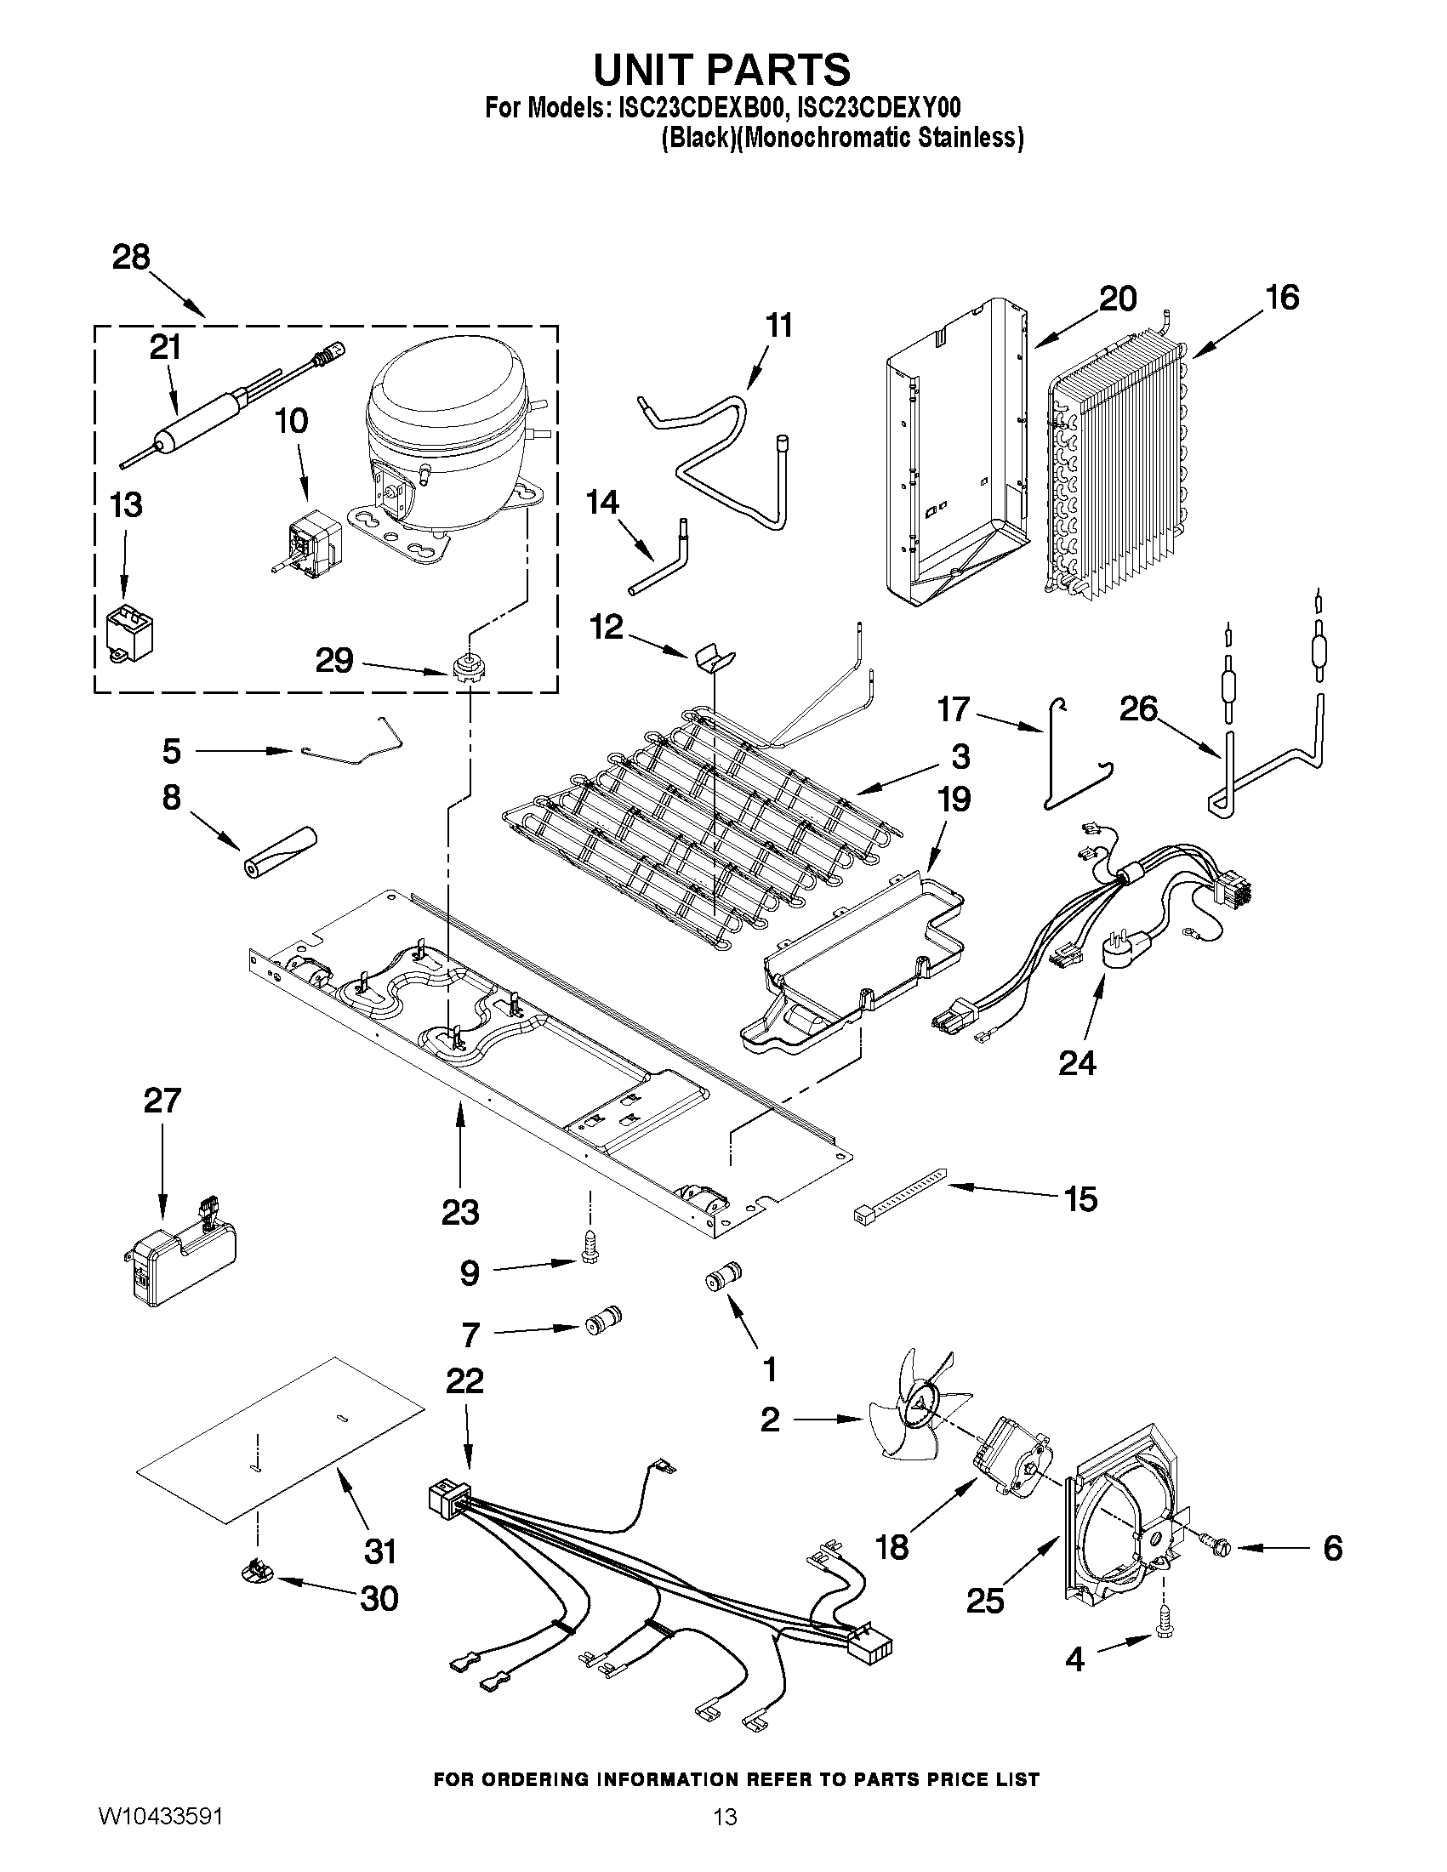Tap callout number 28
click(131, 257)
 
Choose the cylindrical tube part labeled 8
click(276, 853)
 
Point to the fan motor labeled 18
click(1013, 1465)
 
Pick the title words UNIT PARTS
click(721, 69)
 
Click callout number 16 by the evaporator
click(1282, 298)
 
